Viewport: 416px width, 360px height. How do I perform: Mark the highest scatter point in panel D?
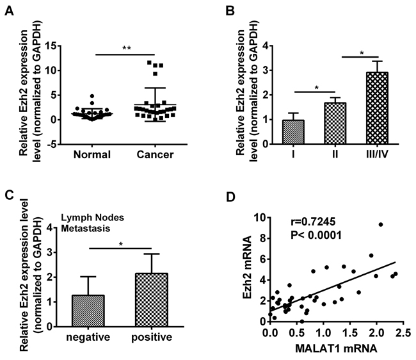click(x=380, y=225)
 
